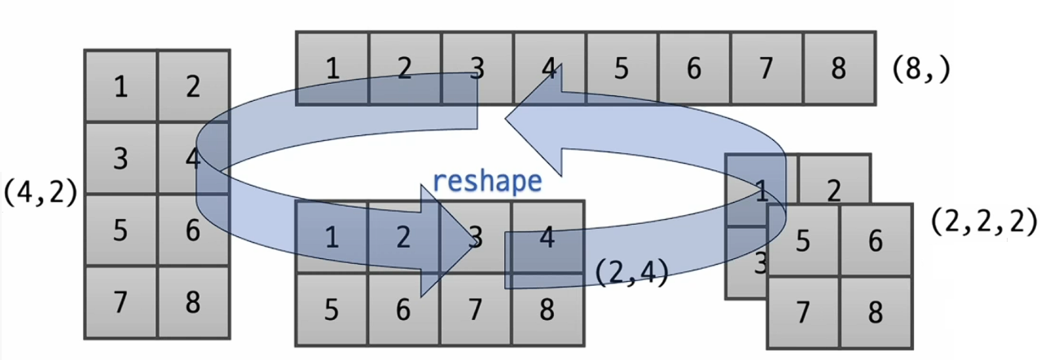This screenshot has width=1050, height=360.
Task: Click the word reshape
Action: pos(487,180)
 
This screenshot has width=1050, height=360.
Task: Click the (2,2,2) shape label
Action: pos(984,222)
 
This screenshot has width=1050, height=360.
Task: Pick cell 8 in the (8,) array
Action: pos(839,68)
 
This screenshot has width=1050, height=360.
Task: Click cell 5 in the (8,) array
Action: pos(622,68)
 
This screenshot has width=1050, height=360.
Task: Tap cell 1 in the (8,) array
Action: pos(332,68)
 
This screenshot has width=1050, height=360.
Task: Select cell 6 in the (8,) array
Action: pos(694,68)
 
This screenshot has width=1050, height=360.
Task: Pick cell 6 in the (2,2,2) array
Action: pos(875,241)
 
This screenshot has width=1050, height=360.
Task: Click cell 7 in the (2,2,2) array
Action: pos(803,313)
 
